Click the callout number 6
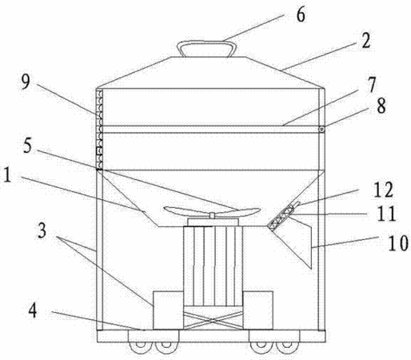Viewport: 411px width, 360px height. pyautogui.click(x=301, y=15)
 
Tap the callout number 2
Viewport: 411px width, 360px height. pyautogui.click(x=366, y=41)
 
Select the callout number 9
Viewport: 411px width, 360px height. pyautogui.click(x=26, y=82)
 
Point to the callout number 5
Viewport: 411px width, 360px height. pyautogui.click(x=27, y=146)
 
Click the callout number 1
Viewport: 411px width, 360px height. pyautogui.click(x=7, y=175)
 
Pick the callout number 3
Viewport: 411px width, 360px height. pyautogui.click(x=42, y=230)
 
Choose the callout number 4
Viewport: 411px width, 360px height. pyautogui.click(x=33, y=310)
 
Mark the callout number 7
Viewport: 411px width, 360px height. pyautogui.click(x=371, y=85)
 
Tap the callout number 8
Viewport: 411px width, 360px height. pyautogui.click(x=381, y=106)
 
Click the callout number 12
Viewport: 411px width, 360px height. pyautogui.click(x=383, y=190)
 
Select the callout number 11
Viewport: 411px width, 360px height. pyautogui.click(x=386, y=214)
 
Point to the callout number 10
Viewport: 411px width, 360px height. pyautogui.click(x=398, y=243)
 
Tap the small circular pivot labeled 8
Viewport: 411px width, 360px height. pyautogui.click(x=322, y=130)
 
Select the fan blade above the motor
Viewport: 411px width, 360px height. pyautogui.click(x=212, y=211)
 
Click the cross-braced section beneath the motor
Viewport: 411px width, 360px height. pyautogui.click(x=213, y=318)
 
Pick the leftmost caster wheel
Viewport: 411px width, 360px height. pyautogui.click(x=140, y=346)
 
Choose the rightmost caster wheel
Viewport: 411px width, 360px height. pyautogui.click(x=287, y=346)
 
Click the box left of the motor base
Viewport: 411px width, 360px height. pyautogui.click(x=168, y=310)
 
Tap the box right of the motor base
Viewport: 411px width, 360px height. pyautogui.click(x=258, y=310)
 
